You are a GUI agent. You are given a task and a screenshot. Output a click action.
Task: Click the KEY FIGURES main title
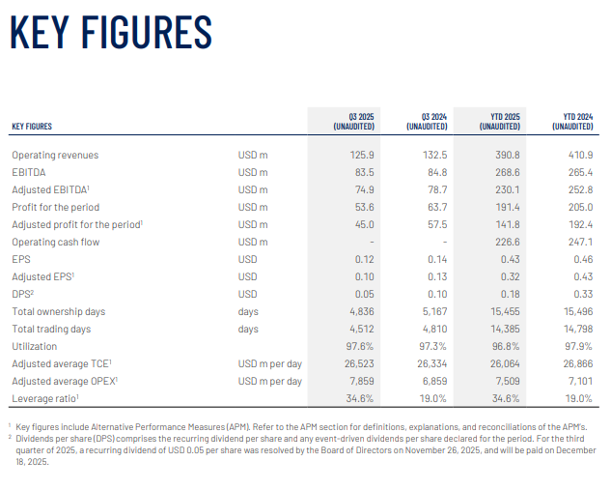[110, 31]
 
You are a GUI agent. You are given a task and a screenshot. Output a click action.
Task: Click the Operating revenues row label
[55, 155]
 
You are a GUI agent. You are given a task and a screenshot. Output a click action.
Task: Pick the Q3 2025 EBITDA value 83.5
[363, 172]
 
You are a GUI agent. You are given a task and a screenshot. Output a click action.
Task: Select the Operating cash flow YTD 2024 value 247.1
[579, 242]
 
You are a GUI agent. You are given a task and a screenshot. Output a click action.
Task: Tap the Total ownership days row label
[58, 311]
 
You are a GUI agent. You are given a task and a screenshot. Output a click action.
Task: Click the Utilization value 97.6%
[361, 346]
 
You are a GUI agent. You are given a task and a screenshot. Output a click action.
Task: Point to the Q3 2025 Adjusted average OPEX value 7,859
[361, 381]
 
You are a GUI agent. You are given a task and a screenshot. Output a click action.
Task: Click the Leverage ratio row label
[46, 398]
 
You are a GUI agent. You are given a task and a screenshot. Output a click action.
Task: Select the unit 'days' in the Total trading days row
[248, 329]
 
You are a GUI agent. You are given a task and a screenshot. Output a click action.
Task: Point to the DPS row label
[23, 294]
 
